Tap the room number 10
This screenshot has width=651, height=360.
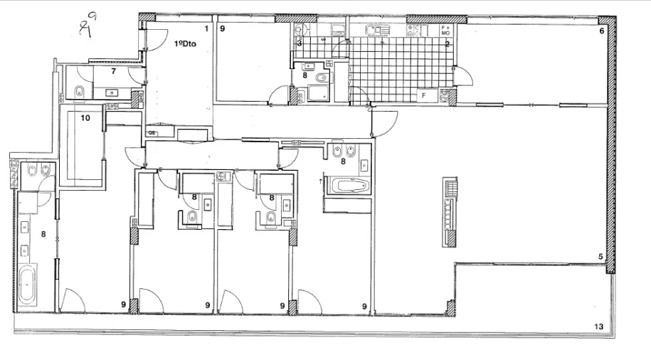point(85,118)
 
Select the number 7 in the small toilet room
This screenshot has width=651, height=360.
point(114,72)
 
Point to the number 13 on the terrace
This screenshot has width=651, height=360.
point(599,327)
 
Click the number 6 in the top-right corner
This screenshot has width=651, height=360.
point(601,31)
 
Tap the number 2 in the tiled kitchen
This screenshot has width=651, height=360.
point(447,44)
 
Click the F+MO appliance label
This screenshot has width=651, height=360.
point(446,30)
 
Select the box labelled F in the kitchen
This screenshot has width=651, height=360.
point(423,94)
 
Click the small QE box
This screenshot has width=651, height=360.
point(152,133)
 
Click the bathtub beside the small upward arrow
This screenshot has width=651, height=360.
point(348,186)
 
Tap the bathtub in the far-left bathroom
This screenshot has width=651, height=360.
point(29,283)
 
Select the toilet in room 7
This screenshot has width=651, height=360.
point(80,91)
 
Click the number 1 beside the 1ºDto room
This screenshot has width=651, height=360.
point(206,28)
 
